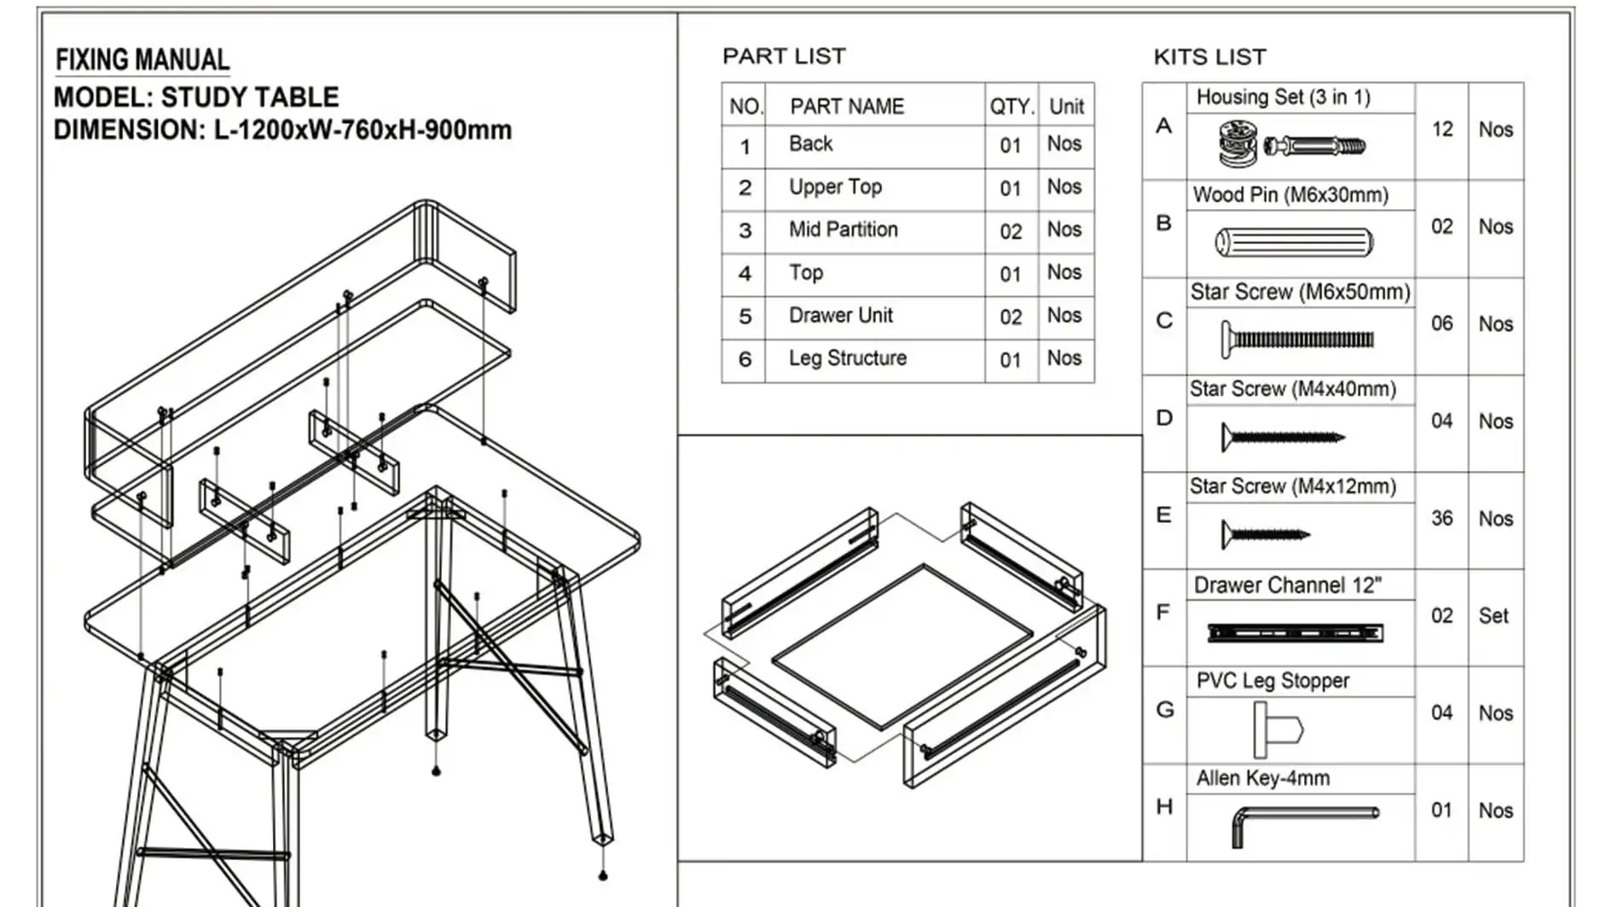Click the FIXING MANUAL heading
coord(142,60)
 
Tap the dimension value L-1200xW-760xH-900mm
coord(362,131)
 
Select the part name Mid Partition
coord(843,230)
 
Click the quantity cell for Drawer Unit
coord(1011,317)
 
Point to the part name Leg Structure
coord(847,358)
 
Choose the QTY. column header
coord(1011,107)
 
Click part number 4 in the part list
coord(745,274)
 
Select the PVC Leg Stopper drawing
coord(1277,730)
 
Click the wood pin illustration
coord(1294,242)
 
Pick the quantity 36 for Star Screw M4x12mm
coord(1441,519)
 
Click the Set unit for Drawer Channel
coord(1493,616)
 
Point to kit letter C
coord(1164,321)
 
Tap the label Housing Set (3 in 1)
coord(1283,97)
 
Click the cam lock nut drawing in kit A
coord(1237,145)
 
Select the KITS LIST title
coord(1209,57)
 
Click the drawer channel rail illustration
coord(1295,633)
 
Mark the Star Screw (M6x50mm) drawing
coord(1296,340)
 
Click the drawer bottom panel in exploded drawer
coord(902,646)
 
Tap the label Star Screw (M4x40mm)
coord(1292,389)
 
